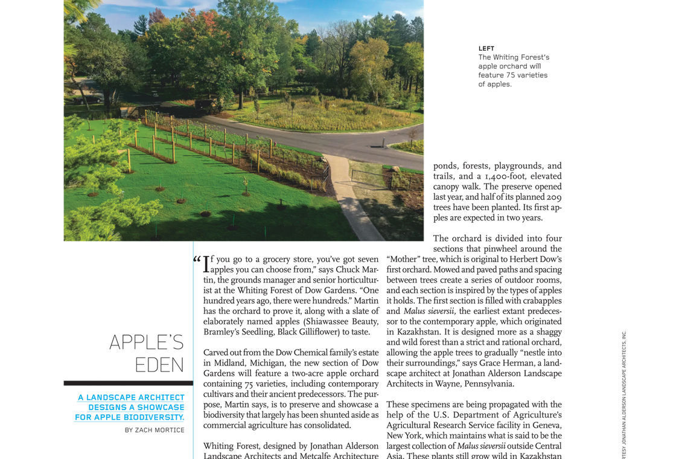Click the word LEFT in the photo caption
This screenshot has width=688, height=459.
point(486,48)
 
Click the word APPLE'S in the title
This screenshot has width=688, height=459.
point(147,342)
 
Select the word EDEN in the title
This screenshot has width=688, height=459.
point(159,365)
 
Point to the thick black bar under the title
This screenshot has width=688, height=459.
point(128,383)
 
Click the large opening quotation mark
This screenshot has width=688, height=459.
point(197,260)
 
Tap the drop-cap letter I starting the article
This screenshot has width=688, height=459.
point(206,265)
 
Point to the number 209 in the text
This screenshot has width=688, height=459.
point(554,197)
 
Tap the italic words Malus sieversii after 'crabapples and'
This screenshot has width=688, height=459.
point(428,311)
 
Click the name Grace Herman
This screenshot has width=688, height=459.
point(500,363)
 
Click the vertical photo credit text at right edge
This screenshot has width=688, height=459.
point(624,393)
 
